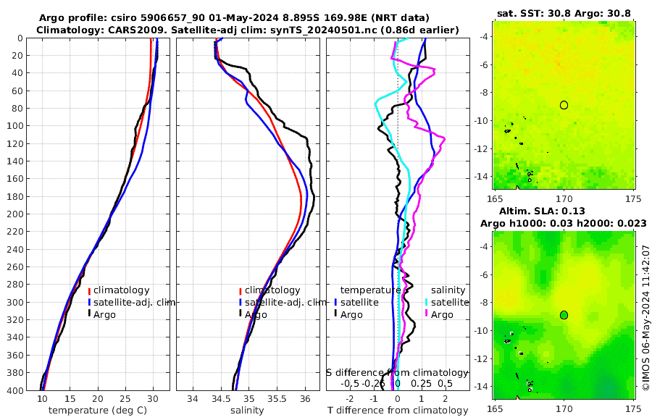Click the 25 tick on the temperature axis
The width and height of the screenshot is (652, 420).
pos(125,399)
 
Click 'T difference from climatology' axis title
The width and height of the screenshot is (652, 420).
pos(398,411)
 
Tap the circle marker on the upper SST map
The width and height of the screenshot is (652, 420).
pos(564,105)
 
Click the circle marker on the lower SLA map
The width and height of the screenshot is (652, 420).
pos(564,315)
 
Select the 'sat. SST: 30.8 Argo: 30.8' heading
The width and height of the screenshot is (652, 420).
pos(564,13)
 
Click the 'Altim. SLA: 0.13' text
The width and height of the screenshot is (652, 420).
pos(564,210)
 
